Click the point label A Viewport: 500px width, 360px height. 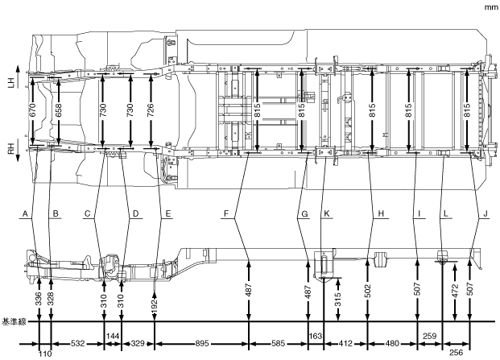(26, 213)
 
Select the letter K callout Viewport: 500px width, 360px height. (327, 213)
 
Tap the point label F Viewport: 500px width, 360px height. (228, 213)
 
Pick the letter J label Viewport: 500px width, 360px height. (486, 213)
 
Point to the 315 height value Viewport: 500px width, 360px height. (338, 298)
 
